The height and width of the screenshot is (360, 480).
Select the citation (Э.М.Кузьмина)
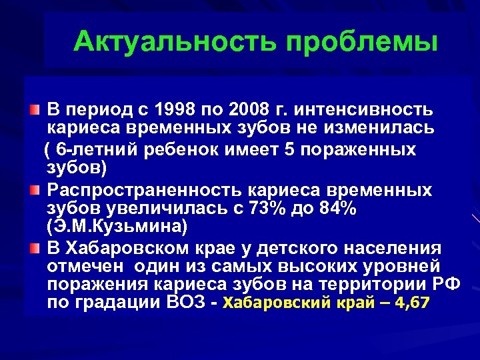click(117, 226)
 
